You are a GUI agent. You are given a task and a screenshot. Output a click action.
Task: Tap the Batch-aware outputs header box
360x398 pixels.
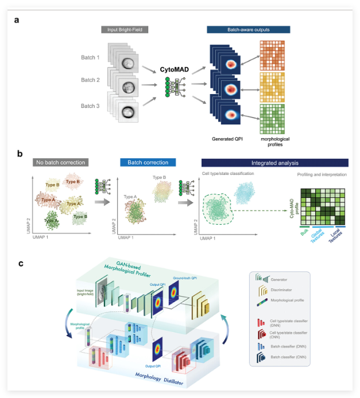pos(249,29)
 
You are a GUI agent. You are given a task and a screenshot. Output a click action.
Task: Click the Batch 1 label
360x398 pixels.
pos(91,58)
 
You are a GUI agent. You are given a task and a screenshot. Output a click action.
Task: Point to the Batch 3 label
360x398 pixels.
pos(91,106)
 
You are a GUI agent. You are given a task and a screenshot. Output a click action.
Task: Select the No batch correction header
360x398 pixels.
pos(59,162)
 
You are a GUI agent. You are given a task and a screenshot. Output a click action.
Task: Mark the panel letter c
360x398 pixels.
pos(21,263)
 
